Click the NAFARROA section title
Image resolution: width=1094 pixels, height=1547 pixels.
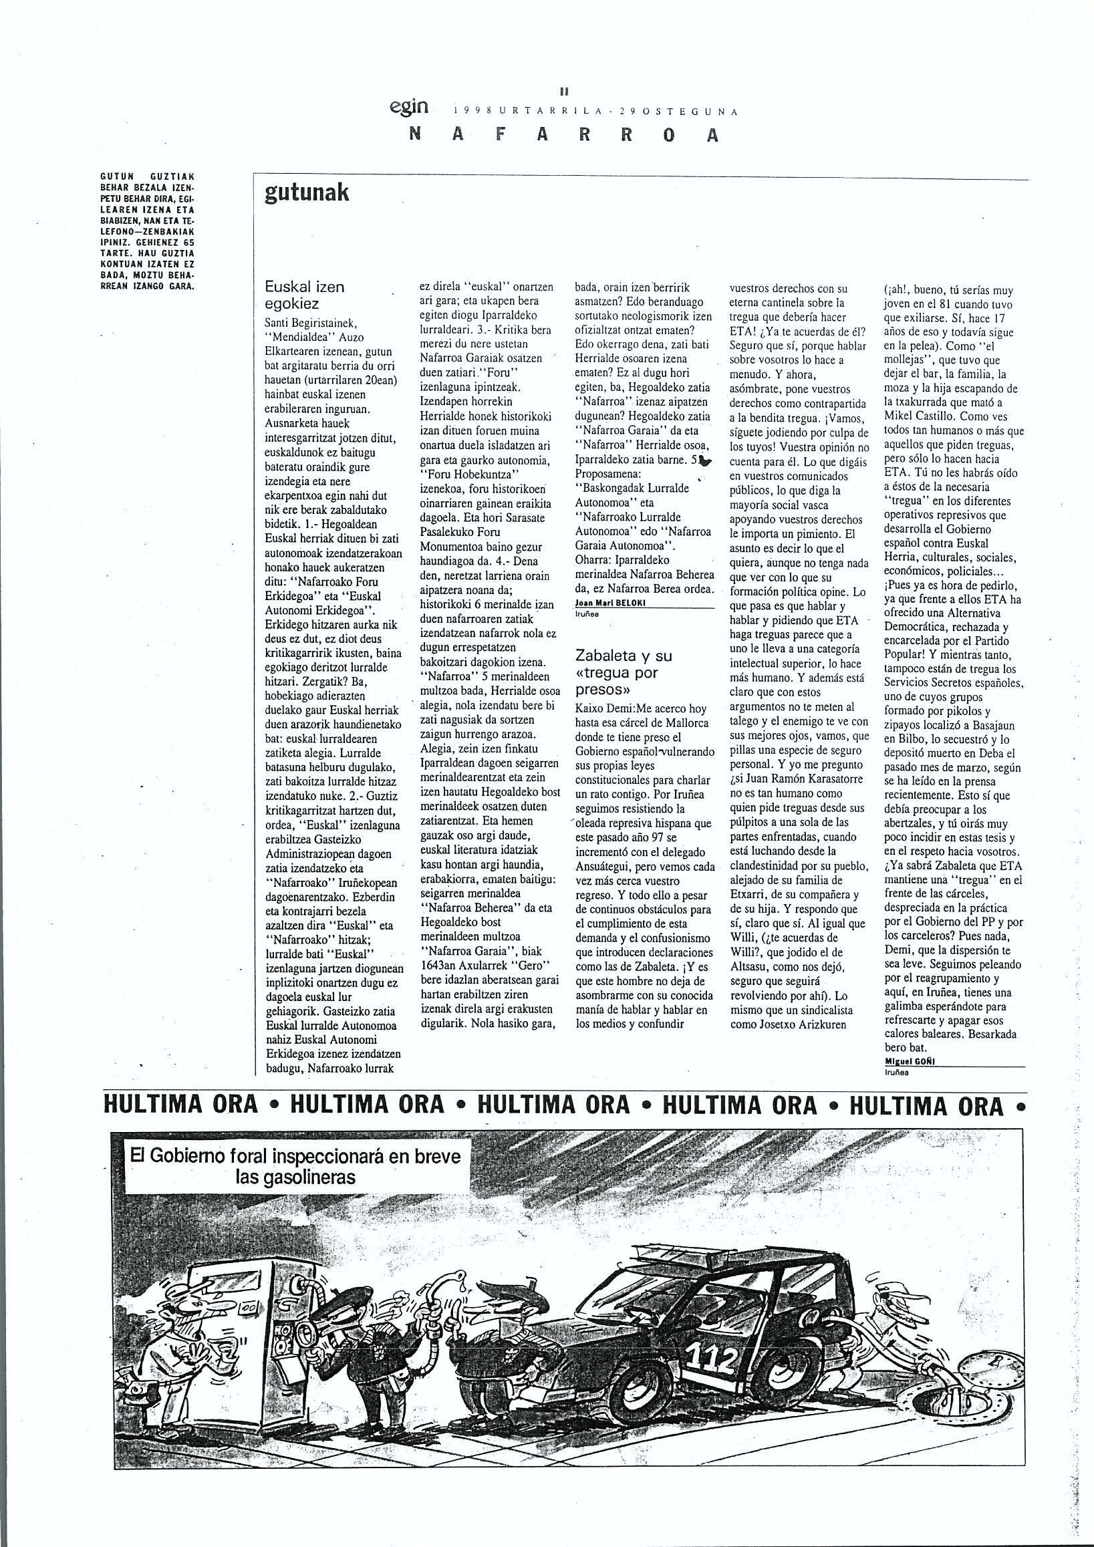point(564,136)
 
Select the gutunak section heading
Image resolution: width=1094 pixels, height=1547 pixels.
point(307,194)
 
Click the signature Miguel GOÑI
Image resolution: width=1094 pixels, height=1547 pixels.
point(911,1060)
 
